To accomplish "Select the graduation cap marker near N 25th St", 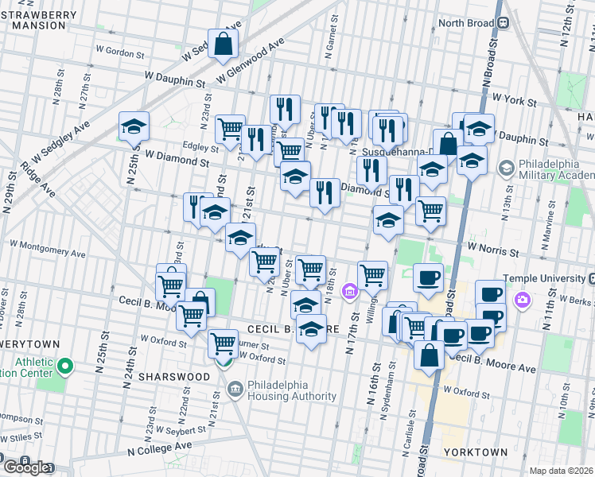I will (134, 126).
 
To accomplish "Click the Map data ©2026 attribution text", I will (562, 471).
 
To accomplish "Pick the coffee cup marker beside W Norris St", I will (428, 277).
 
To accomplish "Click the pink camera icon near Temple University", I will (522, 301).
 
